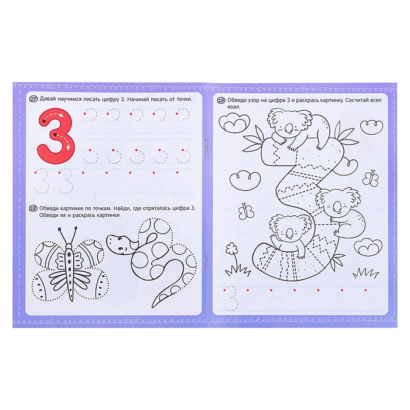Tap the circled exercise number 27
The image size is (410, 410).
(x=33, y=100)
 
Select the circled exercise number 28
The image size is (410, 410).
(x=33, y=209)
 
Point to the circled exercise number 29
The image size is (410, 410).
(x=221, y=101)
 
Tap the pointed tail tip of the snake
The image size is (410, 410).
(x=152, y=307)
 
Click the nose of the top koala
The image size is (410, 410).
(x=289, y=128)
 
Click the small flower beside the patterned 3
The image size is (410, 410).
(x=231, y=248)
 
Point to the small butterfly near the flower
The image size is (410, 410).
(x=246, y=211)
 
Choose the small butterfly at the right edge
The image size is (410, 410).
(x=371, y=177)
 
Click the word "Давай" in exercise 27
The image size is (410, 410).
(x=48, y=100)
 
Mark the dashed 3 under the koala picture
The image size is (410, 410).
(x=231, y=299)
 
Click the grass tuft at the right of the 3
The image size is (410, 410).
(x=365, y=274)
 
